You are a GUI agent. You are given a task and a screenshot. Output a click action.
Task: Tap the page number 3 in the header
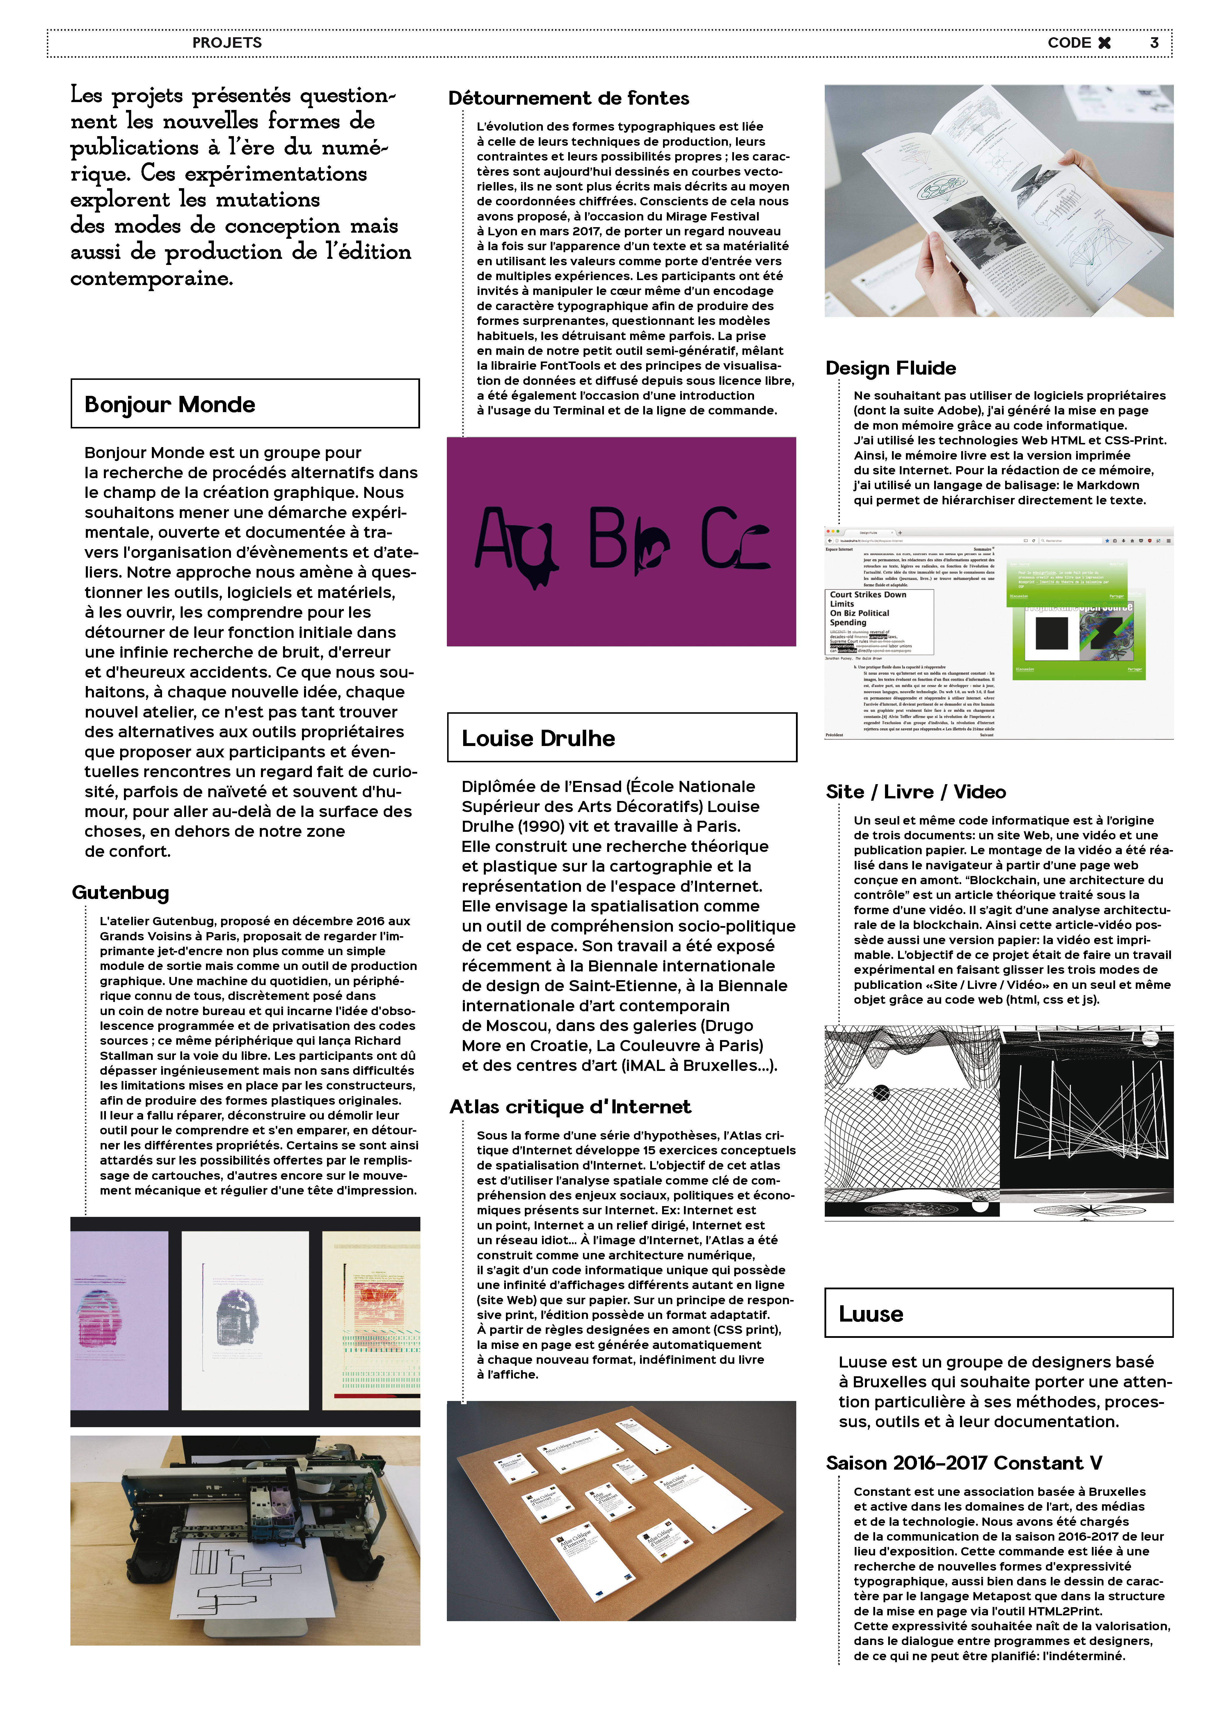click(1154, 43)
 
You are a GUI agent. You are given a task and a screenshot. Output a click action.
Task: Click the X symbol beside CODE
click(1104, 43)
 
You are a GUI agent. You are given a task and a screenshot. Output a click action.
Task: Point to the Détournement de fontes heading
click(568, 99)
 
